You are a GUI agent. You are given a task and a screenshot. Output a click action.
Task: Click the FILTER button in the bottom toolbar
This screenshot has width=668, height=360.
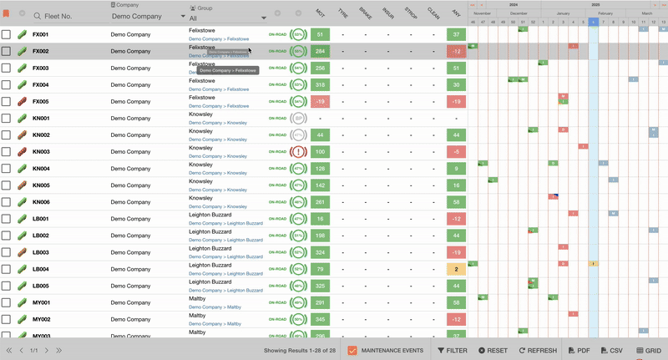point(453,351)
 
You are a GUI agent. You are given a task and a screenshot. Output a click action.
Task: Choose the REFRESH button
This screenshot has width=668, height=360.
point(538,351)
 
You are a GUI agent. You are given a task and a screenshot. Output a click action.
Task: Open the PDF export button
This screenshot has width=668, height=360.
point(579,351)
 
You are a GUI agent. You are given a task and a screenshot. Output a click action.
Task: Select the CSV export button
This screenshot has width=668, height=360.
point(611,351)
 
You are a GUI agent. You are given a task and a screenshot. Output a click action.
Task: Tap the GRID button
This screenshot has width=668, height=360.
point(648,351)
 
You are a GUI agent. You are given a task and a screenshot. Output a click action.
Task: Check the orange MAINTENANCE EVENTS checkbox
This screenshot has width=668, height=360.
point(352,351)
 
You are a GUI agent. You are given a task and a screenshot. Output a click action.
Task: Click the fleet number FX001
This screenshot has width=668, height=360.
point(41,35)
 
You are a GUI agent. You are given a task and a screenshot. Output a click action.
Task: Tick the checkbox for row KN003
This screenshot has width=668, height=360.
point(7,152)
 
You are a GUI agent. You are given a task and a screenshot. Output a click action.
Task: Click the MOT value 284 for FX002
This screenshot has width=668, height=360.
point(320,52)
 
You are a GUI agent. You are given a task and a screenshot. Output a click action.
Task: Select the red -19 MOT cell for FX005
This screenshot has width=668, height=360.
point(320,102)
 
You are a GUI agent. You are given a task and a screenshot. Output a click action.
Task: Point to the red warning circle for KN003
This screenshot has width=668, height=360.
point(298,152)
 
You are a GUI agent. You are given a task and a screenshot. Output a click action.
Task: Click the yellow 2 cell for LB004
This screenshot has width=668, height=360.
point(455,269)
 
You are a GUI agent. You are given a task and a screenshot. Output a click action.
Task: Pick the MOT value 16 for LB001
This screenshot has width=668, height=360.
point(320,219)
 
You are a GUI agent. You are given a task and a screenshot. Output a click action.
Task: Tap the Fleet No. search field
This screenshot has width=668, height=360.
point(67,16)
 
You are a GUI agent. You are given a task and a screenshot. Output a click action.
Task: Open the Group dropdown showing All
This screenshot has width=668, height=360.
point(228,17)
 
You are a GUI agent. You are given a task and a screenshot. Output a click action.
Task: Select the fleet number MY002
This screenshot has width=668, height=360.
point(41,319)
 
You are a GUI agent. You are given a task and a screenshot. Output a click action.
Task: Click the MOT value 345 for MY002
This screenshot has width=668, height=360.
point(320,319)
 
